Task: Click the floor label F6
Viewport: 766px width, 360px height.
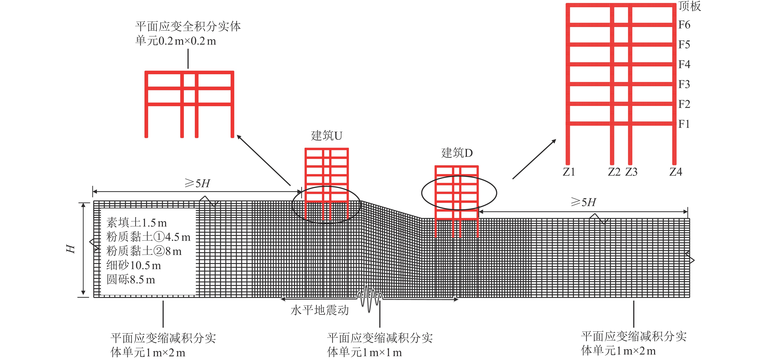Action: coord(684,25)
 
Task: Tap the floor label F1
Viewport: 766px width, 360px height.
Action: coord(684,124)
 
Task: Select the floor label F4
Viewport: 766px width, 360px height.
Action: coord(684,64)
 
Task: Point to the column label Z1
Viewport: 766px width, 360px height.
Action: coord(569,172)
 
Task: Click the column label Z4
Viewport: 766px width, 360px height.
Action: coord(676,172)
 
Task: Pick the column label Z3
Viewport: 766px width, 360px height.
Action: coord(631,172)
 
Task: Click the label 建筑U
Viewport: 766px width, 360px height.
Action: coord(326,136)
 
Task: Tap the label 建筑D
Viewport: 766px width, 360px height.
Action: coord(457,153)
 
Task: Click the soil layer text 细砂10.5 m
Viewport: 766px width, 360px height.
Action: coord(134,265)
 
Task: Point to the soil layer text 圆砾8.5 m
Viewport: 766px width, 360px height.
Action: coord(131,279)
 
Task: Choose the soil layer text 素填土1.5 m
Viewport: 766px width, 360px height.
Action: coord(137,222)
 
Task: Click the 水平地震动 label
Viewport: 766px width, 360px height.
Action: coord(319,310)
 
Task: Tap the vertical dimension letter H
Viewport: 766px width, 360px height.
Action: coord(71,249)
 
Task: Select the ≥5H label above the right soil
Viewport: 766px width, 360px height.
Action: coord(583,202)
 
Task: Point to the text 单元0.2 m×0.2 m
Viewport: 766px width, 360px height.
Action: coord(175,41)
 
